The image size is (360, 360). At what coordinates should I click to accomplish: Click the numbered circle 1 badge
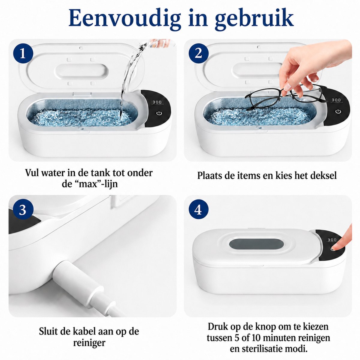tap(23, 53)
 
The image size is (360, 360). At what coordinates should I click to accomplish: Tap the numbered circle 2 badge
tap(198, 53)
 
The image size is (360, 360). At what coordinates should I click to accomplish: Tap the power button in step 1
tap(159, 113)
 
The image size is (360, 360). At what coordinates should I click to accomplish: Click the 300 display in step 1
tap(157, 102)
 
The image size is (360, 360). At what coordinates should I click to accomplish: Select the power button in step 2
tap(338, 112)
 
